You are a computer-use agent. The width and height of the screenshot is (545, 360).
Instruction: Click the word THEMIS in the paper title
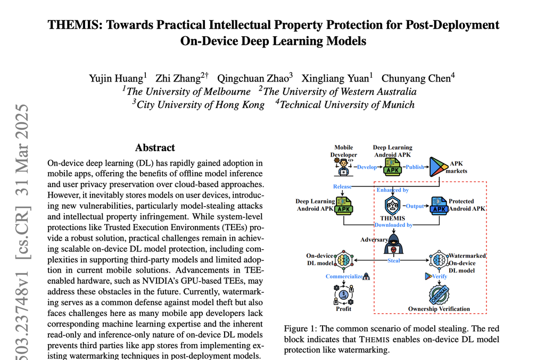pyautogui.click(x=72, y=25)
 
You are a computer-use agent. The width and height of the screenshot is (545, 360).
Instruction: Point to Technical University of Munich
pyautogui.click(x=346, y=104)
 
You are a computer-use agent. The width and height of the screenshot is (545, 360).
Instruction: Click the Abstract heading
pyautogui.click(x=155, y=148)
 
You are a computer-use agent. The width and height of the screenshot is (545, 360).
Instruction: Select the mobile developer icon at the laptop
pyautogui.click(x=343, y=167)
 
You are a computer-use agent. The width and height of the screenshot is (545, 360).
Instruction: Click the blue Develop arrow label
pyautogui.click(x=367, y=167)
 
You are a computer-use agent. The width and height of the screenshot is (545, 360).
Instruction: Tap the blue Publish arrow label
pyautogui.click(x=415, y=167)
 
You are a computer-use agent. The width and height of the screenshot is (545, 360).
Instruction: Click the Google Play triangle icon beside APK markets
pyautogui.click(x=436, y=167)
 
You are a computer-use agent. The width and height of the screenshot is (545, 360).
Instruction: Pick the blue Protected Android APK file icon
pyautogui.click(x=439, y=206)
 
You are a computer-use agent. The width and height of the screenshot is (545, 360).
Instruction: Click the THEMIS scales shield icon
pyautogui.click(x=393, y=206)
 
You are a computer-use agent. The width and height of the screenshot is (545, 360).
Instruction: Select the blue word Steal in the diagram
pyautogui.click(x=393, y=261)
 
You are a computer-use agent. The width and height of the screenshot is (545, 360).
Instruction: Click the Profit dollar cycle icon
pyautogui.click(x=343, y=293)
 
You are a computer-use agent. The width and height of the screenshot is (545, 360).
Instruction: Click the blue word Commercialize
pyautogui.click(x=344, y=276)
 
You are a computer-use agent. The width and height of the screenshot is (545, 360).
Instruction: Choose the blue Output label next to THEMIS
pyautogui.click(x=415, y=206)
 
